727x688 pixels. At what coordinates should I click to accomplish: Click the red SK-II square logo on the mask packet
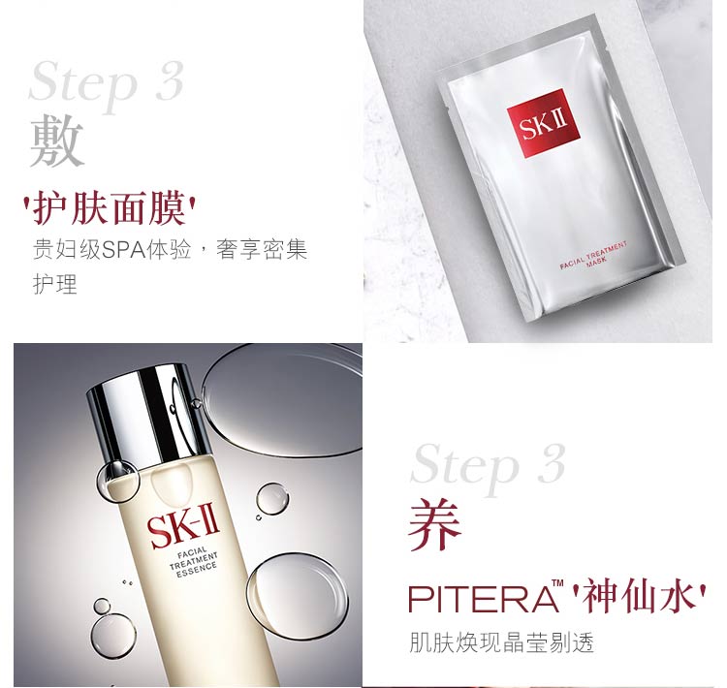(x=543, y=123)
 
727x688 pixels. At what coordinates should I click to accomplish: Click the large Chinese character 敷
(x=56, y=141)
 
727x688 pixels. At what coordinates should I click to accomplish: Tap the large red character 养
(x=434, y=524)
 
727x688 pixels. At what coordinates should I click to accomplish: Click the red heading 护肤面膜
(x=109, y=207)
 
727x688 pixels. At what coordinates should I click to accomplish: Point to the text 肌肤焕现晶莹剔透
(x=501, y=643)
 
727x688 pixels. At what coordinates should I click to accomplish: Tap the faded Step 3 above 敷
(x=107, y=82)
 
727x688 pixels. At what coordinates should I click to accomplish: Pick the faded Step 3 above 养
(x=489, y=465)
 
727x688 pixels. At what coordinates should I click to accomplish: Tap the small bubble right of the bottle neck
(x=272, y=498)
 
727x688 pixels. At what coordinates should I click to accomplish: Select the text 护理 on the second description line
(x=54, y=284)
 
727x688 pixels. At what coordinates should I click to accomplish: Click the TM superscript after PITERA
(x=557, y=583)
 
